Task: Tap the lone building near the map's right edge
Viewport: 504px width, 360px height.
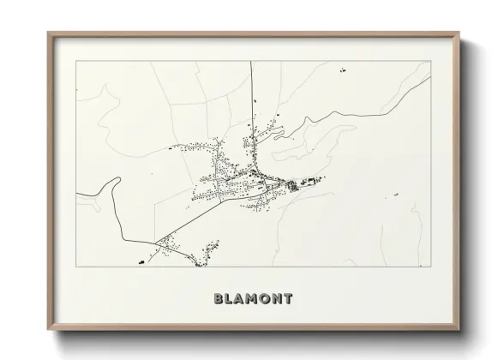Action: (397, 195)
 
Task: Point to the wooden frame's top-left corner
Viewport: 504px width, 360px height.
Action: (49, 33)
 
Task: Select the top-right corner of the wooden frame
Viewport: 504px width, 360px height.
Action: (459, 33)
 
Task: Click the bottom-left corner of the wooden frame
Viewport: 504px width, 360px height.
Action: (49, 330)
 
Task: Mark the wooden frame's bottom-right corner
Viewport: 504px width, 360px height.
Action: (459, 330)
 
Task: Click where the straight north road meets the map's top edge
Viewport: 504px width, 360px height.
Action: (250, 61)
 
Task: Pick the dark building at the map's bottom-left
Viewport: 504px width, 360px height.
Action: (139, 258)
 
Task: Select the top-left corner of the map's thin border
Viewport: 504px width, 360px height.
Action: (75, 61)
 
